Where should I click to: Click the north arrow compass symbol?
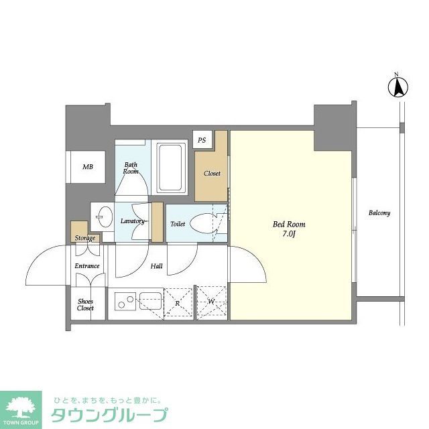397,86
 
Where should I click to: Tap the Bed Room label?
289,225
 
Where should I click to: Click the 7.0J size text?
289,234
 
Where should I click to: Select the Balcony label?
379,213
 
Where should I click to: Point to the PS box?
202,140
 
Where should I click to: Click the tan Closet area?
212,174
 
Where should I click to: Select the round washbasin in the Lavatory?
104,216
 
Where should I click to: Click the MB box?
88,167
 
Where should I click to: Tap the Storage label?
84,238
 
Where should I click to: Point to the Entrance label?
87,266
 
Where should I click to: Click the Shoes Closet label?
85,304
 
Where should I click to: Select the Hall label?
156,266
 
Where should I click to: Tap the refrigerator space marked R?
178,302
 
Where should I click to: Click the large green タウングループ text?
109,415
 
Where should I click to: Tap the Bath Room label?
130,168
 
